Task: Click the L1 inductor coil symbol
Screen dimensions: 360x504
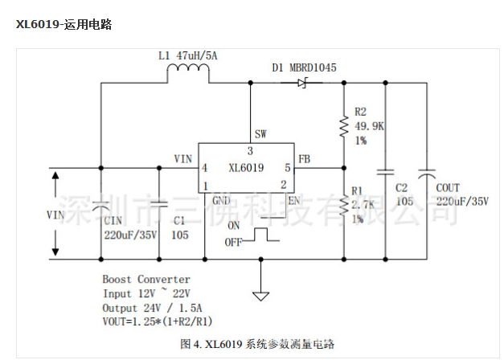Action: [188, 75]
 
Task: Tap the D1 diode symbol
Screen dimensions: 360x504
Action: [303, 82]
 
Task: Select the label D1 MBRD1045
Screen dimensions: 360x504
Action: [304, 67]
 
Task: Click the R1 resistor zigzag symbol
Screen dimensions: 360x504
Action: [343, 208]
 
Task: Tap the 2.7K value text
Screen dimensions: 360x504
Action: [364, 206]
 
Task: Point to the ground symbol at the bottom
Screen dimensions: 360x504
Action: [260, 295]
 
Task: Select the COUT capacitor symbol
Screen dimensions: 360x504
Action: [427, 172]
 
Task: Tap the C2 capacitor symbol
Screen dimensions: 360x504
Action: [386, 172]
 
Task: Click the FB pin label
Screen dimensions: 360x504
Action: [305, 159]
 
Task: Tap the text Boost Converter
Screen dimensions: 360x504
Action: [146, 279]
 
